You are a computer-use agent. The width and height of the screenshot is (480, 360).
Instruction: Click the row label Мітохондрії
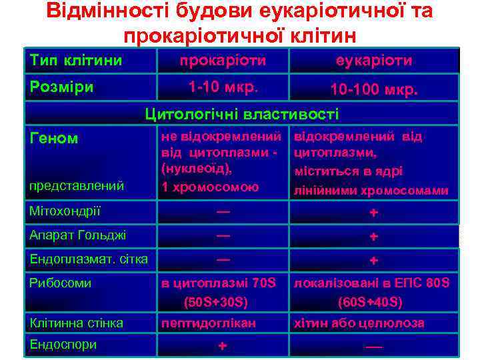pyautogui.click(x=65, y=212)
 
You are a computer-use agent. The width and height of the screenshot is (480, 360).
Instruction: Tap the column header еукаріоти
pyautogui.click(x=374, y=61)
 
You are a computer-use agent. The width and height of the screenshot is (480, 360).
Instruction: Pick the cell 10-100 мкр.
pyautogui.click(x=374, y=89)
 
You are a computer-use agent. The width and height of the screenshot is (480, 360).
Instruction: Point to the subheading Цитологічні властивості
pyautogui.click(x=242, y=114)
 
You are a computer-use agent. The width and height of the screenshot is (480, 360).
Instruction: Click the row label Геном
pyautogui.click(x=54, y=139)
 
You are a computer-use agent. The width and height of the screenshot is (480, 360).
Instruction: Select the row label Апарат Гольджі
pyautogui.click(x=79, y=235)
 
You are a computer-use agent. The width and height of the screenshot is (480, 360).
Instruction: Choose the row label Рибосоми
pyautogui.click(x=61, y=283)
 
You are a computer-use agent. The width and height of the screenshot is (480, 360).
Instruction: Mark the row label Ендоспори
pyautogui.click(x=63, y=344)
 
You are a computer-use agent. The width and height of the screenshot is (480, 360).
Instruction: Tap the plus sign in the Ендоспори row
pyautogui.click(x=223, y=345)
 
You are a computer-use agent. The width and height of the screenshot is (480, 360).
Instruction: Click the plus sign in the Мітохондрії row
pyautogui.click(x=374, y=213)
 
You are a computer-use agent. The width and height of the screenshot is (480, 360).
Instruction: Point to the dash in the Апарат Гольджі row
pyautogui.click(x=223, y=235)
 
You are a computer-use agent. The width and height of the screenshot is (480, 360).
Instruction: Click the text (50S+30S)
pyautogui.click(x=215, y=302)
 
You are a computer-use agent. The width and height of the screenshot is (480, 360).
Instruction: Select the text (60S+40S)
pyautogui.click(x=370, y=302)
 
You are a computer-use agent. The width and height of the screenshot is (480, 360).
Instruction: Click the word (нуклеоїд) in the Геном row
pyautogui.click(x=196, y=169)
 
